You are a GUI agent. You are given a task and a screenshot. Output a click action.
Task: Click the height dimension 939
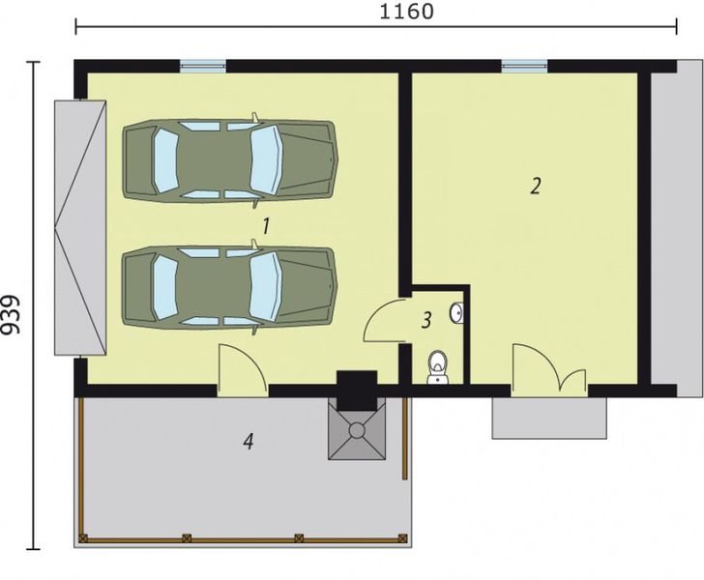click(x=13, y=314)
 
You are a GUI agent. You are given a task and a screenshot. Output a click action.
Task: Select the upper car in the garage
click(x=229, y=159)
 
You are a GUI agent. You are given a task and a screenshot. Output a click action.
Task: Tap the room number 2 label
click(x=534, y=187)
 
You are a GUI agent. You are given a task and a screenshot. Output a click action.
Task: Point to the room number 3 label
click(x=426, y=321)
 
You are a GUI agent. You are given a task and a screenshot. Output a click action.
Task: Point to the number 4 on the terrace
click(x=249, y=442)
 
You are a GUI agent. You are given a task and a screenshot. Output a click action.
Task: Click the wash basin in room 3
click(x=457, y=313)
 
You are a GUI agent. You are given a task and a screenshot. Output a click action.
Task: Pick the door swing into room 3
click(x=387, y=321)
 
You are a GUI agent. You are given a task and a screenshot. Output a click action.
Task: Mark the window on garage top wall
click(x=204, y=67)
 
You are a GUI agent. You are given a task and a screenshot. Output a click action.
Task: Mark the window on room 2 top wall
click(x=524, y=67)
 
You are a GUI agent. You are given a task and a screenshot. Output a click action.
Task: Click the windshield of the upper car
click(x=265, y=159)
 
